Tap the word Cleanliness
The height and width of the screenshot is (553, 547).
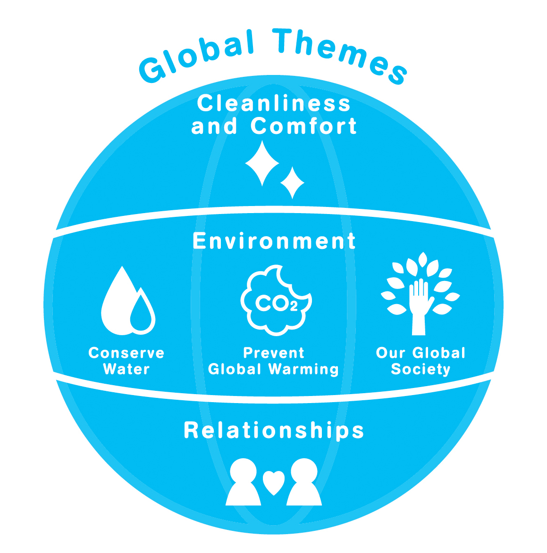tap(274, 104)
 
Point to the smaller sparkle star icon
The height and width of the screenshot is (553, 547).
tap(292, 182)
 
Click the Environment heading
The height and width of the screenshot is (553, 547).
tap(274, 241)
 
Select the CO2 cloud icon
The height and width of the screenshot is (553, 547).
tap(276, 302)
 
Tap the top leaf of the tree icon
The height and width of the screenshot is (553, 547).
tap(423, 259)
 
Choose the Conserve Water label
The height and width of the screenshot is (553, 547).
tap(126, 361)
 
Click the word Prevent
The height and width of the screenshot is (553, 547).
tap(274, 353)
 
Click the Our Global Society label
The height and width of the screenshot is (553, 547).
tap(421, 361)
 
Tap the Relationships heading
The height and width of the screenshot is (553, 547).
tap(274, 430)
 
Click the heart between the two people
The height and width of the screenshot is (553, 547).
tap(274, 482)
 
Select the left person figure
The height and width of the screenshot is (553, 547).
tap(244, 483)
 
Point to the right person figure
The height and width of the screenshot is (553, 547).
tap(304, 483)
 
